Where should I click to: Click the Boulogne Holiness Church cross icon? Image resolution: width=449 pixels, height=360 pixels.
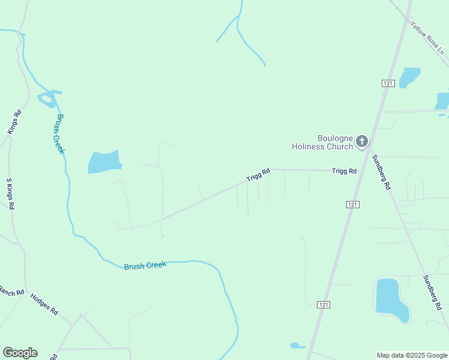[x=361, y=142]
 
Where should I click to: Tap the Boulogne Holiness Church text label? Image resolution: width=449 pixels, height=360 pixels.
[x=322, y=142]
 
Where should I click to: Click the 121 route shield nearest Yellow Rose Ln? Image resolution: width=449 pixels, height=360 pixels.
[x=388, y=83]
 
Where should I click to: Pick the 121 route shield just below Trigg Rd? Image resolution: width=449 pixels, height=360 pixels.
[x=353, y=205]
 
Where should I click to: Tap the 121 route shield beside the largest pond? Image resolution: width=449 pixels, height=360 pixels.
[x=324, y=305]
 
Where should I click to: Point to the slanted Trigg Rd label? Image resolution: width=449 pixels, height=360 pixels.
[x=258, y=175]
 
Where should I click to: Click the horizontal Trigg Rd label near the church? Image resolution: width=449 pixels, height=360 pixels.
[x=345, y=171]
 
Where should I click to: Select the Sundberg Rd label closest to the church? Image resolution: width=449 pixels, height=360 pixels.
[x=381, y=172]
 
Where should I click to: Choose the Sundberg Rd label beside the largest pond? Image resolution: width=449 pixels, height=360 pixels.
[x=432, y=292]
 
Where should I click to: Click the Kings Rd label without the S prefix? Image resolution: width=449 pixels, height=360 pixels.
[x=14, y=122]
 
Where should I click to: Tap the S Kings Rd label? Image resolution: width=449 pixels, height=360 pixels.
[x=10, y=193]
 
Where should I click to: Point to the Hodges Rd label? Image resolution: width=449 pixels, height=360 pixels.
[x=44, y=303]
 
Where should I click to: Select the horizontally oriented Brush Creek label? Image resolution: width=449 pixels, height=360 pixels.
[x=145, y=265]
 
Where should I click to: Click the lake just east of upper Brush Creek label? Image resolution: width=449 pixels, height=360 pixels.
[x=104, y=162]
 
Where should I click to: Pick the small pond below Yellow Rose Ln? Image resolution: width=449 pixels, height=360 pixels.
[x=409, y=77]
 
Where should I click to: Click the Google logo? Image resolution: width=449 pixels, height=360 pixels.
[x=20, y=353]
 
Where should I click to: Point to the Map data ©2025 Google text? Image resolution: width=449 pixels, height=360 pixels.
[x=411, y=355]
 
